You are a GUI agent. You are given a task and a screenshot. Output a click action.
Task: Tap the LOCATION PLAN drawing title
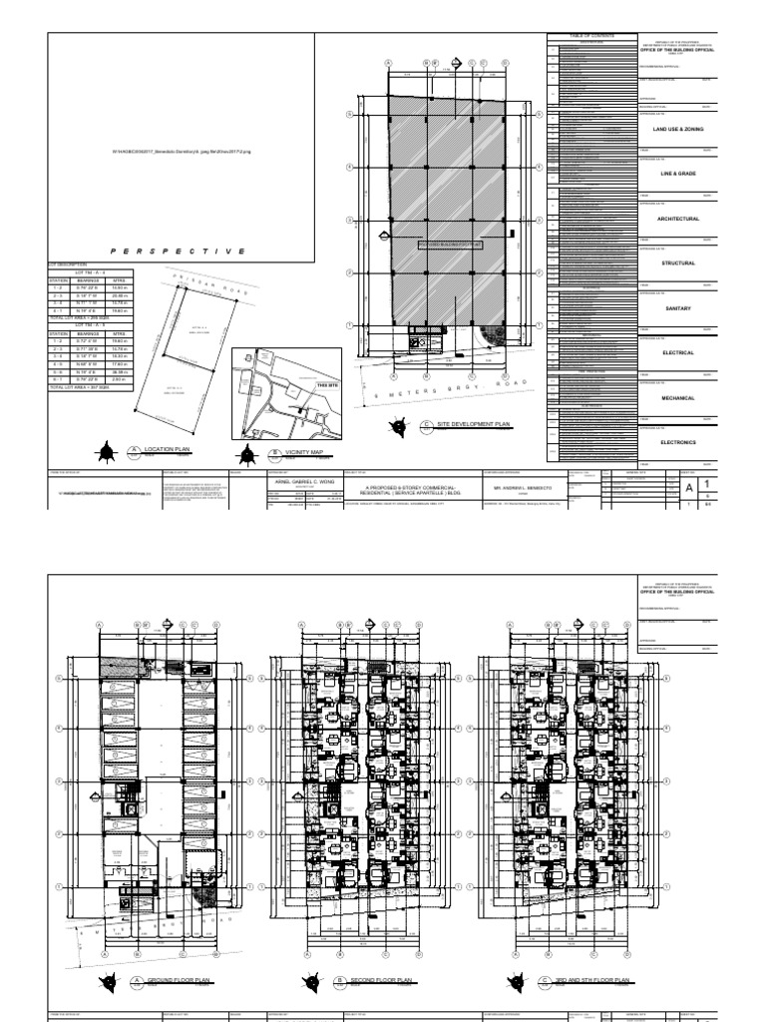pos(165,451)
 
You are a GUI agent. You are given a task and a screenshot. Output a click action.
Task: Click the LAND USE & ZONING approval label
pos(678,130)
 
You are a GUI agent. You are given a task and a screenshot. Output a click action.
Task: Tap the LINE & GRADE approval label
pos(678,174)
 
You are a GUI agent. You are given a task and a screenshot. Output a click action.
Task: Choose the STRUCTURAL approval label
pos(678,263)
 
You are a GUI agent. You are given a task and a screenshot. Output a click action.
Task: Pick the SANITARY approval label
pos(678,308)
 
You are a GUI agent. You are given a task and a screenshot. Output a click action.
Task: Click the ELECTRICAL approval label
pos(678,353)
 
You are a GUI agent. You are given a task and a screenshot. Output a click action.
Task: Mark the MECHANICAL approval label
pos(678,397)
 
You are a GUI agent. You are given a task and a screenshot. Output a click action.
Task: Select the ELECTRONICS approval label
pos(678,442)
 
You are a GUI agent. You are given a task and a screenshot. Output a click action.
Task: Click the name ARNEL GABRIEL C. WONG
pos(299,480)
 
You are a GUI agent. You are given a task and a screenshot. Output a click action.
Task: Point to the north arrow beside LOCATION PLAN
pos(106,454)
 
